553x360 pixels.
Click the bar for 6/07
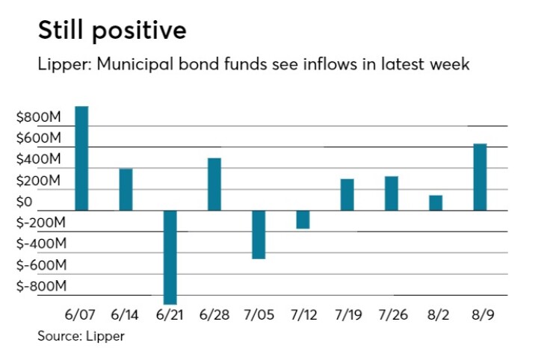pos(81,158)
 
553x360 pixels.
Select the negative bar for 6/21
pos(170,257)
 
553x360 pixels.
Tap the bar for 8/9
pos(480,177)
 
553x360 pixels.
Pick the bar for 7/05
pos(259,235)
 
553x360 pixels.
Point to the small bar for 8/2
pos(436,202)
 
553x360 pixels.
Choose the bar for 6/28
pos(214,184)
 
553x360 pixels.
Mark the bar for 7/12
pos(303,220)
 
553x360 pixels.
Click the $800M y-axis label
pos(40,117)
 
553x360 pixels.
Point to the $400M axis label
pos(40,160)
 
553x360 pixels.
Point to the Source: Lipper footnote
pos(81,336)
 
